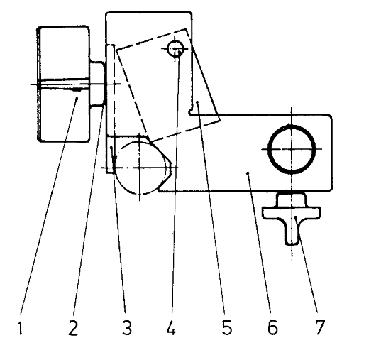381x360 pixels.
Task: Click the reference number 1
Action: (x=21, y=327)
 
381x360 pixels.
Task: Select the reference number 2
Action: (x=73, y=327)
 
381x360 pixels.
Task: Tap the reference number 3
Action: (x=127, y=327)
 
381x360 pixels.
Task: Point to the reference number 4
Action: (x=171, y=327)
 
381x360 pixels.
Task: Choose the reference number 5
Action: (x=227, y=327)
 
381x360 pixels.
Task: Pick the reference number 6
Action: (x=272, y=327)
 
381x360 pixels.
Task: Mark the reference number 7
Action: (x=320, y=327)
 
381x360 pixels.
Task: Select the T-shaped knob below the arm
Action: (x=292, y=213)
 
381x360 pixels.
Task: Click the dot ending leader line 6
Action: (x=248, y=173)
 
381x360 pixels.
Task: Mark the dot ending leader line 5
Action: (x=197, y=102)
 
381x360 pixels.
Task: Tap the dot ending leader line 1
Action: (x=77, y=98)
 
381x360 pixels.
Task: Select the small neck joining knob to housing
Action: (x=97, y=84)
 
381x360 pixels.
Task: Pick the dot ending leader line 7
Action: (x=295, y=217)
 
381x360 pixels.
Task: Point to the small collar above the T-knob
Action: (x=292, y=200)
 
